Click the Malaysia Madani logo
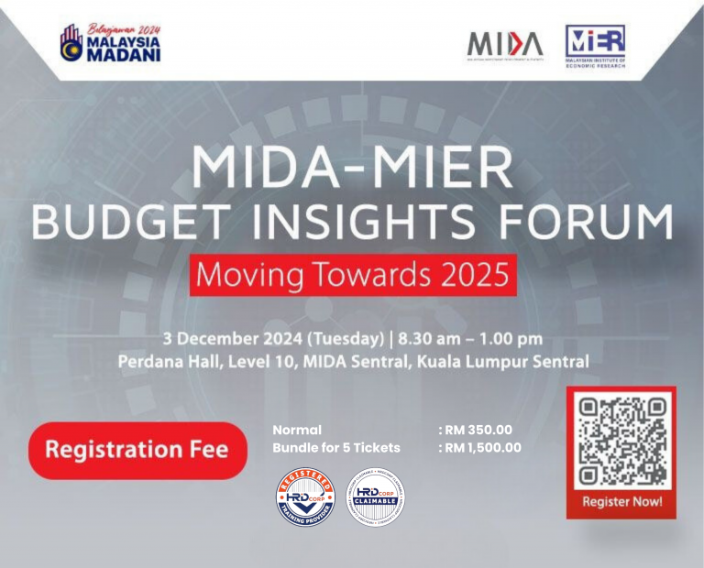(x=110, y=42)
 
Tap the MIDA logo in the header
(x=505, y=44)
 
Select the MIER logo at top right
(x=595, y=45)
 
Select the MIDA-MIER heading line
(x=352, y=168)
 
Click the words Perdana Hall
(x=163, y=362)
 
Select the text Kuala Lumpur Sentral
(x=502, y=362)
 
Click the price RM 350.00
(x=478, y=430)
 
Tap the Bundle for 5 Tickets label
(x=336, y=448)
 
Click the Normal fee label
(x=297, y=430)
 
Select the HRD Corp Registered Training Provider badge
(x=305, y=497)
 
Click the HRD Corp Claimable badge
(x=376, y=497)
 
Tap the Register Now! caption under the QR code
(x=621, y=502)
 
